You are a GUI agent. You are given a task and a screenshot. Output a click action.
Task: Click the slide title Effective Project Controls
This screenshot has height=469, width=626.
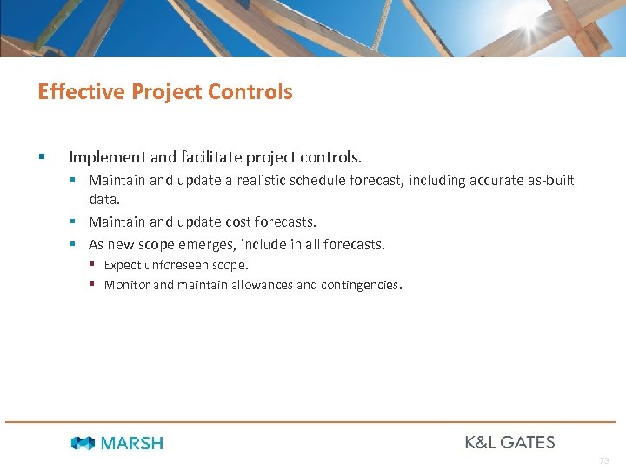point(165,91)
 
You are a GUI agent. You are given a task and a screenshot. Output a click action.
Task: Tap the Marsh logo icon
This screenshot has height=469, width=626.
point(83,443)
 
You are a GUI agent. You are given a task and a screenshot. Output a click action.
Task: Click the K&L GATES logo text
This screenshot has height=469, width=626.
point(509,442)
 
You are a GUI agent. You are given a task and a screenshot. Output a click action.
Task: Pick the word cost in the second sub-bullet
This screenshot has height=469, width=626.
point(244,222)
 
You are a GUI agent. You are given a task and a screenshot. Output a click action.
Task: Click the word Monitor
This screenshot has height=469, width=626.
point(127,285)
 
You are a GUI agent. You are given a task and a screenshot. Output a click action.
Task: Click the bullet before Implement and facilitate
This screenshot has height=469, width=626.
point(41,157)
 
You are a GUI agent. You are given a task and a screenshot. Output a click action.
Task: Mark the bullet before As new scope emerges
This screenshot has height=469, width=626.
point(75,245)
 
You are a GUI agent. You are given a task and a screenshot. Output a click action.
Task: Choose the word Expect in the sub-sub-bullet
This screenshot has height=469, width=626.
point(123,265)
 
